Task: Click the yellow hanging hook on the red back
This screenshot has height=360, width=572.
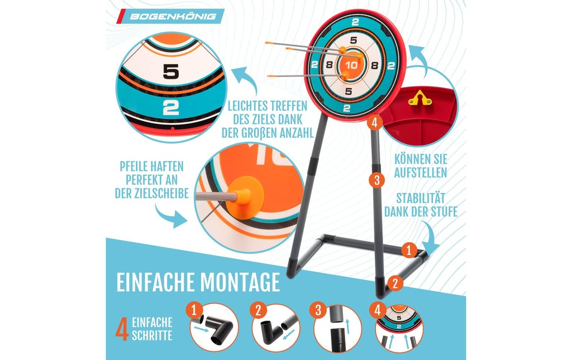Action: (x=420, y=98)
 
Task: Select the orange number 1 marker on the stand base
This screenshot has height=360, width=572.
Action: (x=408, y=250)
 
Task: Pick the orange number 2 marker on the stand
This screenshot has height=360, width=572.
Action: (x=395, y=283)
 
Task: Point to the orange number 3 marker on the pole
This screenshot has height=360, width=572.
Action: (x=377, y=180)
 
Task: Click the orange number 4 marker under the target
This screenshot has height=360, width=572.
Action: (x=375, y=123)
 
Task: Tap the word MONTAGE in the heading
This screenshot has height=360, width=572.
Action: (x=239, y=282)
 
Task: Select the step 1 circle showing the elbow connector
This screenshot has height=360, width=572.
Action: (x=214, y=328)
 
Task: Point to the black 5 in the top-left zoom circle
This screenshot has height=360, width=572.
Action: (x=171, y=71)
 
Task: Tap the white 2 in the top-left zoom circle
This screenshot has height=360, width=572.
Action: (x=170, y=108)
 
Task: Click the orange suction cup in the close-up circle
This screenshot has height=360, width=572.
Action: (x=243, y=196)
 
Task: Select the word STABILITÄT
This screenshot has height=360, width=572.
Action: (x=421, y=199)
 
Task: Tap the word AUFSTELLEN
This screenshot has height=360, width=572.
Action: (x=421, y=172)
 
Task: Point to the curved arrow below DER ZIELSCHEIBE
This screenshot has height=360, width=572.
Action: (x=170, y=217)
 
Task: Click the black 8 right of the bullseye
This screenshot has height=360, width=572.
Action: (x=374, y=66)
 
